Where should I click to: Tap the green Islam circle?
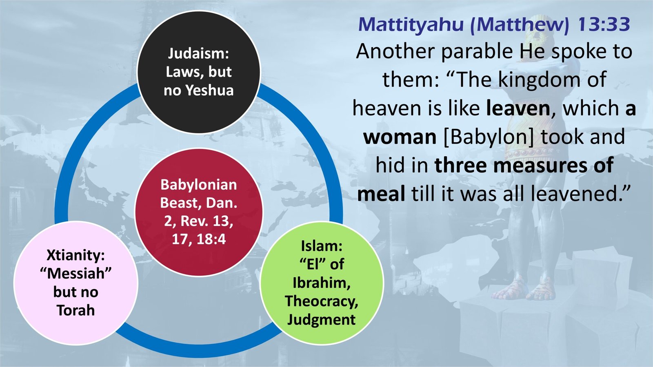[322, 338]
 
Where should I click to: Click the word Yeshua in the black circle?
[209, 90]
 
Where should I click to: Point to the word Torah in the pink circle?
[76, 310]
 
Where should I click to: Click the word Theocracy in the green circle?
[322, 301]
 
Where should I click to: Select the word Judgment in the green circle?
[322, 319]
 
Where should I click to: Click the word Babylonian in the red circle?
[199, 185]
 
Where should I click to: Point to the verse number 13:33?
[604, 24]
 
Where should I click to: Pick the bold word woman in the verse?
[400, 137]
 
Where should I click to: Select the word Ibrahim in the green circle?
[322, 283]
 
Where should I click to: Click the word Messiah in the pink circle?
[76, 273]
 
